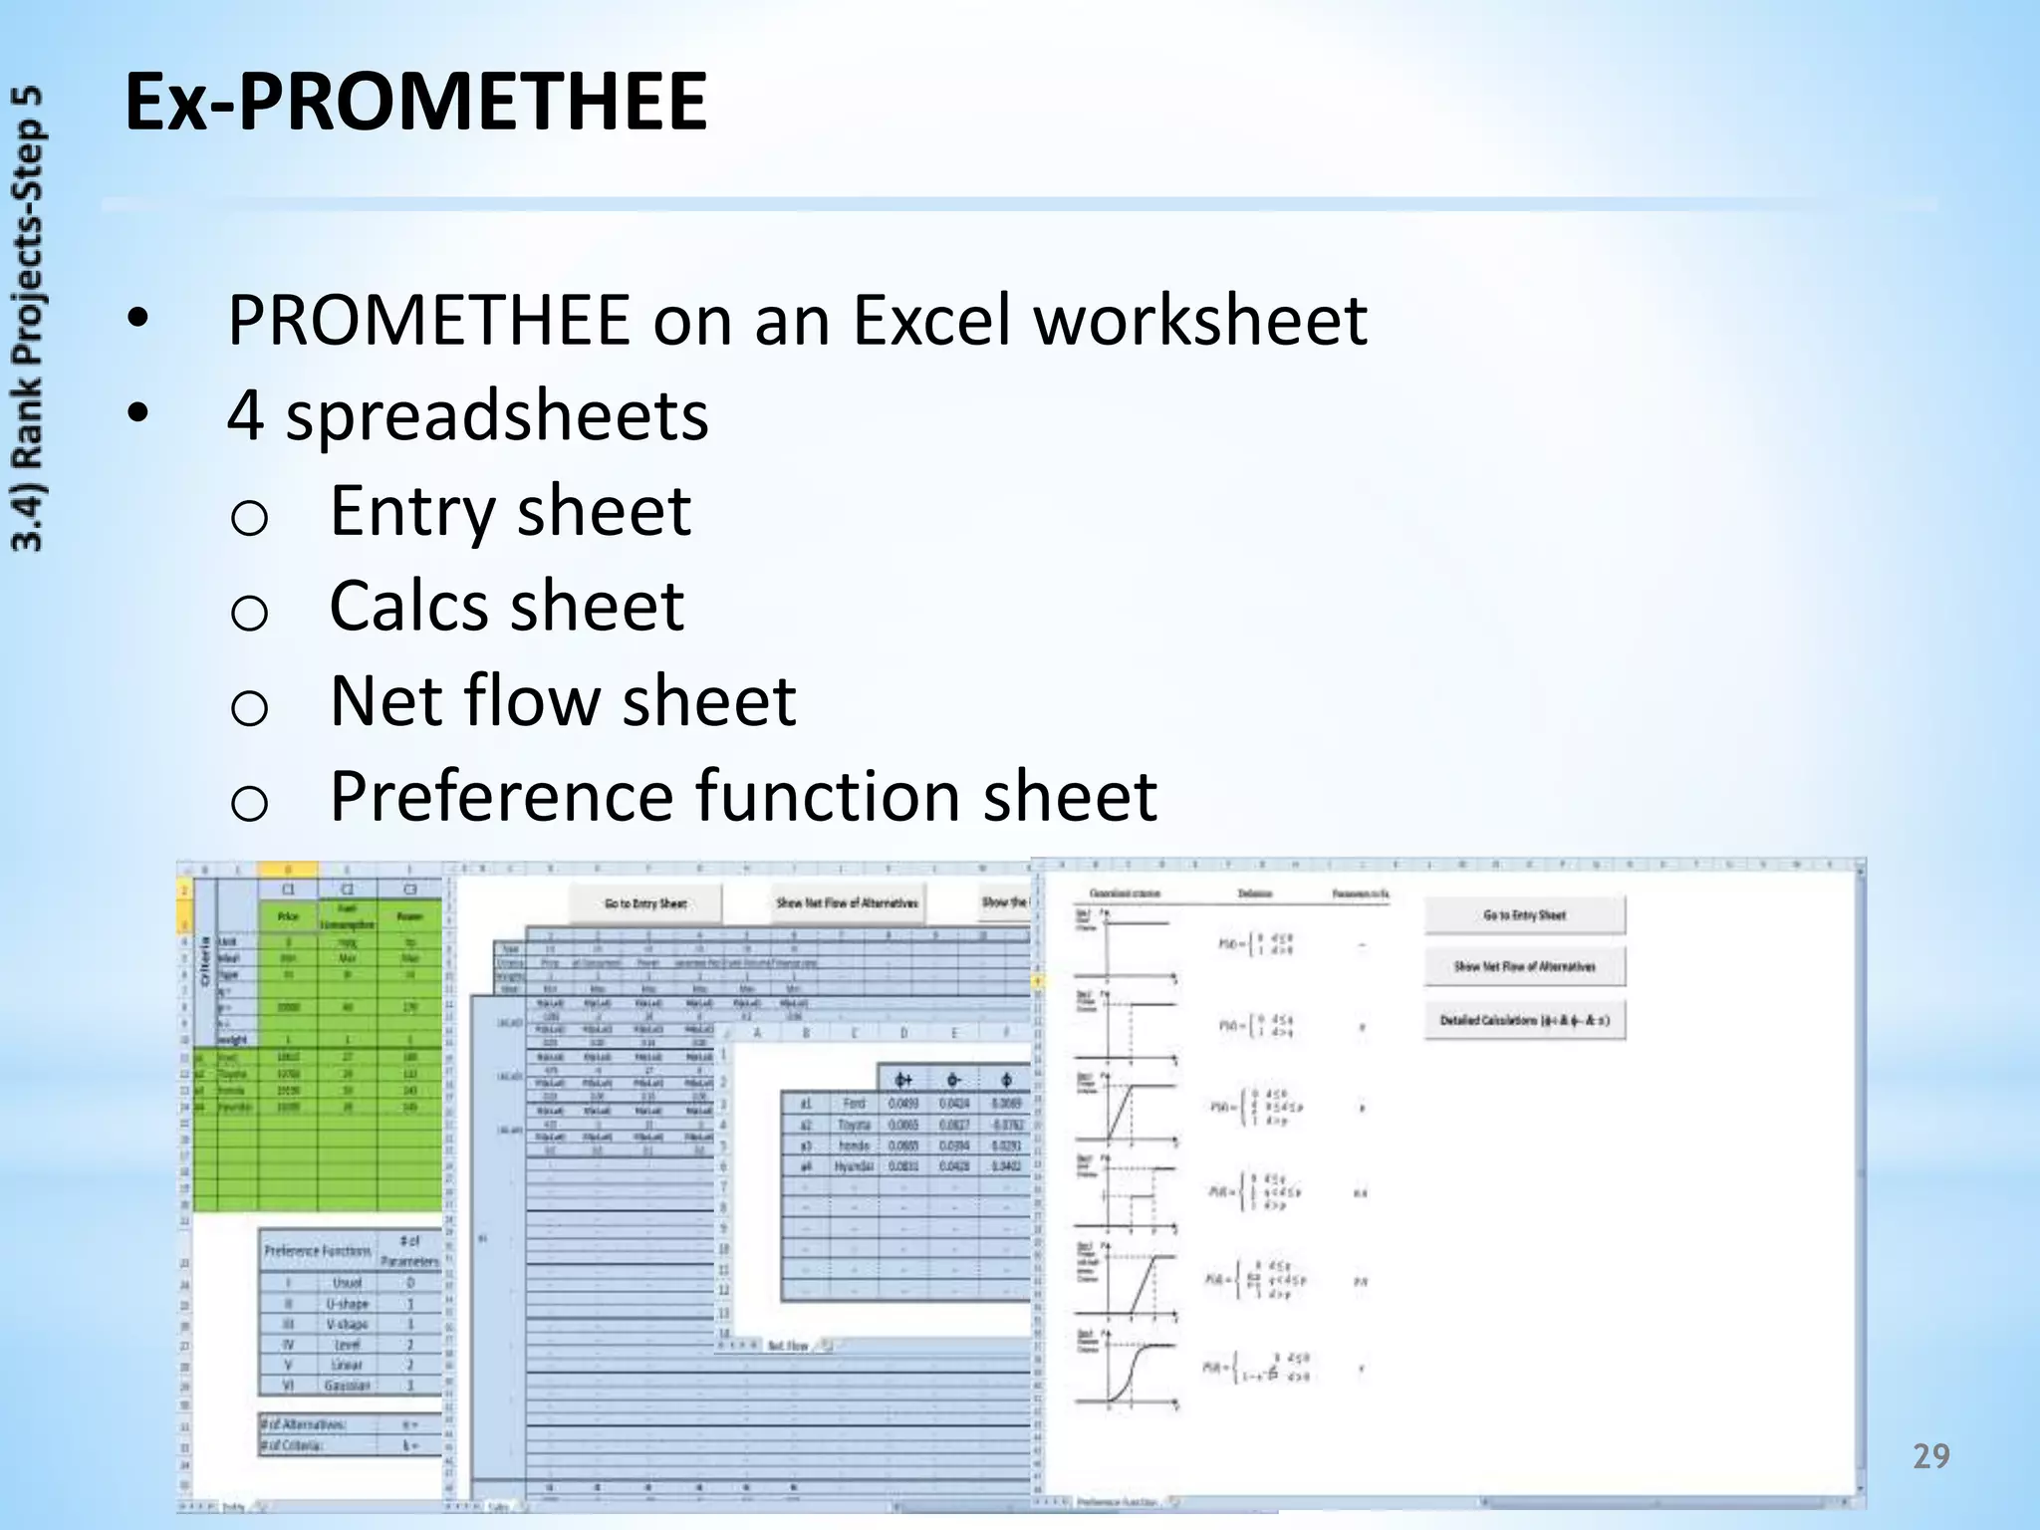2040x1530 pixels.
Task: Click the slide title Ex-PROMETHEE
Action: click(415, 103)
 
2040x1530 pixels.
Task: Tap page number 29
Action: click(1930, 1457)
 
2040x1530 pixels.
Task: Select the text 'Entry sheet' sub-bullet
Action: click(510, 511)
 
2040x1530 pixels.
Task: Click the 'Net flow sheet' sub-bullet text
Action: click(563, 701)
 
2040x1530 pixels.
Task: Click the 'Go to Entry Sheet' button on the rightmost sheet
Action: click(1524, 914)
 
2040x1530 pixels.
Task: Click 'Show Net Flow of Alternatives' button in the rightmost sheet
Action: click(1524, 966)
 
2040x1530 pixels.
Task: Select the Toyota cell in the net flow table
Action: click(854, 1125)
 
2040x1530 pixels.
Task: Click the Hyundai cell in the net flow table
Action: click(854, 1166)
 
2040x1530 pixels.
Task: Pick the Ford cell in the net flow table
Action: click(854, 1104)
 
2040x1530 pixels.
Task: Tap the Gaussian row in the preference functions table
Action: click(347, 1386)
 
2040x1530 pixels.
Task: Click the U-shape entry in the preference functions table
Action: click(347, 1304)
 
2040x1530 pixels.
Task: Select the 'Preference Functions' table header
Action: click(317, 1250)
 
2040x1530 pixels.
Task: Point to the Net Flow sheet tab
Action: click(788, 1346)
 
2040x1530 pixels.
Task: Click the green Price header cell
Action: click(288, 916)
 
